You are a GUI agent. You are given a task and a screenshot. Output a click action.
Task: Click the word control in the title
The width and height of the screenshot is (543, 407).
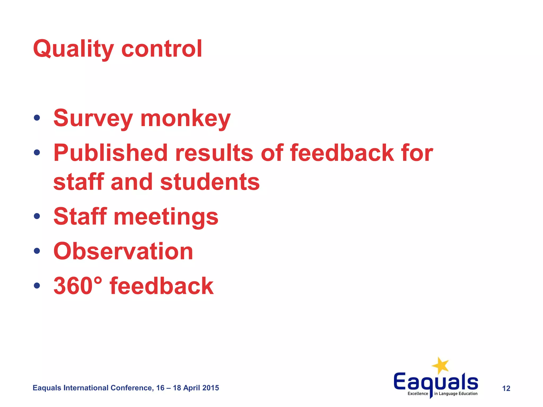click(162, 49)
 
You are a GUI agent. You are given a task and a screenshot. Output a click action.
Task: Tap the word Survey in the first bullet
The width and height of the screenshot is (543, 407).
click(93, 118)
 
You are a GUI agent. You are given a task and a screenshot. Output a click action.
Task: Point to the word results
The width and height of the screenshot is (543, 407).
click(214, 153)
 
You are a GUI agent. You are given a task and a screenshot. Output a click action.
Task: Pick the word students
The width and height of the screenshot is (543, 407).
click(210, 182)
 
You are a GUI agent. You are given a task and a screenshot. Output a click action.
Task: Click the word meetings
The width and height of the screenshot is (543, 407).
click(166, 217)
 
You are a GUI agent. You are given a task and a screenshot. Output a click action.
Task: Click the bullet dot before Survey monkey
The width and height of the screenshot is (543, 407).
click(37, 118)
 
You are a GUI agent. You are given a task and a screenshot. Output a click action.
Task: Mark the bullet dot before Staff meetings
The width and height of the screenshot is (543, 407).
click(37, 216)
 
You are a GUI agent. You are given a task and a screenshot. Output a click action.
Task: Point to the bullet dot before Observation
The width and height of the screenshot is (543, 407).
click(37, 251)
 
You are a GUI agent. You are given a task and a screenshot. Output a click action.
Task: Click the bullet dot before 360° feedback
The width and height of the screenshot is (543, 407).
click(37, 285)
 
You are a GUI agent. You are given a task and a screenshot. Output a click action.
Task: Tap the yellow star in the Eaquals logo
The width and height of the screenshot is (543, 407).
click(440, 366)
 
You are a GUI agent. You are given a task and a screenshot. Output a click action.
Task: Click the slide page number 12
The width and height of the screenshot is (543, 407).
click(506, 388)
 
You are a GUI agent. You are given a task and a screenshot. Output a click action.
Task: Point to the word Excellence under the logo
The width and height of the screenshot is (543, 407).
click(418, 394)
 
